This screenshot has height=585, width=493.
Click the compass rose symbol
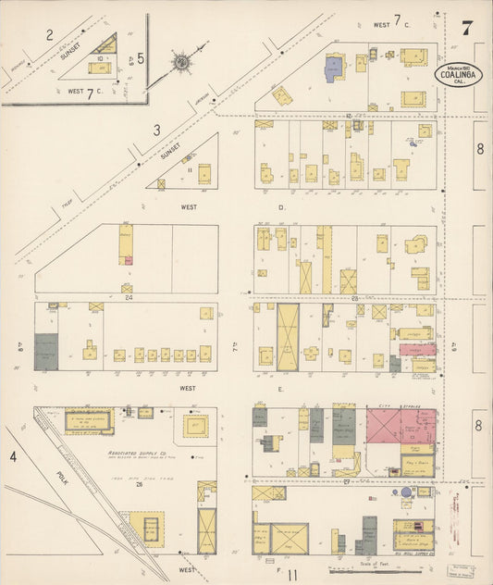[x=182, y=63]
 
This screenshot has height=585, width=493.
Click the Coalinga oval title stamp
[x=459, y=73]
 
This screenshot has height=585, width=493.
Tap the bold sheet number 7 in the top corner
[x=468, y=27]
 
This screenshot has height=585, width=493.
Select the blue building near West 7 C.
[x=333, y=67]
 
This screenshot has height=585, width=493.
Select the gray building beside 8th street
[x=45, y=352]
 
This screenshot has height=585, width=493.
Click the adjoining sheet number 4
[x=13, y=456]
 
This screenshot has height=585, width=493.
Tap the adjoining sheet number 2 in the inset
[x=49, y=36]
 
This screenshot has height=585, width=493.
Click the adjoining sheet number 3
[x=157, y=131]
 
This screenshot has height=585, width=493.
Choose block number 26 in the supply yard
[x=138, y=483]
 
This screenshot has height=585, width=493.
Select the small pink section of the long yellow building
[x=129, y=260]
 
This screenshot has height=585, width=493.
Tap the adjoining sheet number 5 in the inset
[x=140, y=58]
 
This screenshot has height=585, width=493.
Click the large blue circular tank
[x=405, y=493]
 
